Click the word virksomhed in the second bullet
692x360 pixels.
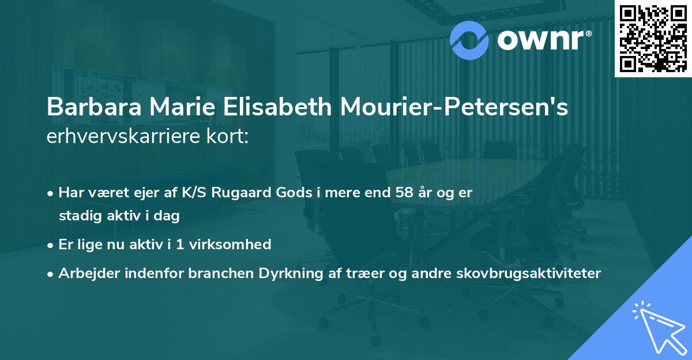point(233,245)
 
